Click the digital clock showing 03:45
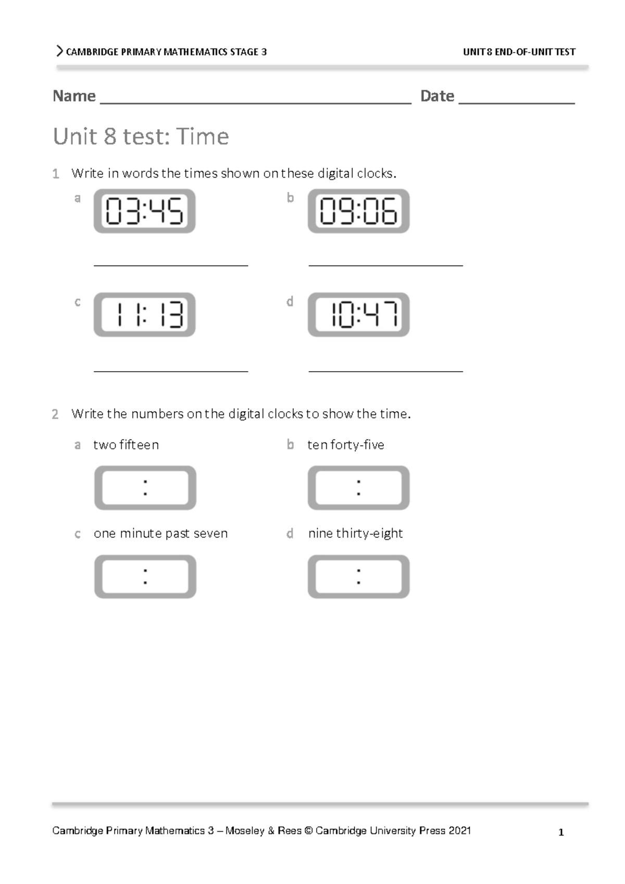[x=144, y=211]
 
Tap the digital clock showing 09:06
[x=358, y=211]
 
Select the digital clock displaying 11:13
[x=144, y=314]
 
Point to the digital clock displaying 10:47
[x=358, y=314]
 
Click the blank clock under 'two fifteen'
[x=145, y=488]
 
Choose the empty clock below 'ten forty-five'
[x=358, y=488]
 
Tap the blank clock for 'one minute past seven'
[x=145, y=576]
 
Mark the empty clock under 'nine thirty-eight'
[x=358, y=576]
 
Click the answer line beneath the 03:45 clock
[x=171, y=265]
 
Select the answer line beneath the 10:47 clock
[x=385, y=371]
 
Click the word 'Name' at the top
[x=74, y=96]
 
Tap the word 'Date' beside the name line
[x=437, y=96]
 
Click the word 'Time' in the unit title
[x=203, y=136]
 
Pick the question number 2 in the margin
[x=55, y=414]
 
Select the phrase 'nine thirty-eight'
[x=355, y=534]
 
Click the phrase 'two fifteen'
[x=126, y=445]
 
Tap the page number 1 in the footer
[x=561, y=832]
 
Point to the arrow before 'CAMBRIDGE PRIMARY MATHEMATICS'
[x=59, y=51]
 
